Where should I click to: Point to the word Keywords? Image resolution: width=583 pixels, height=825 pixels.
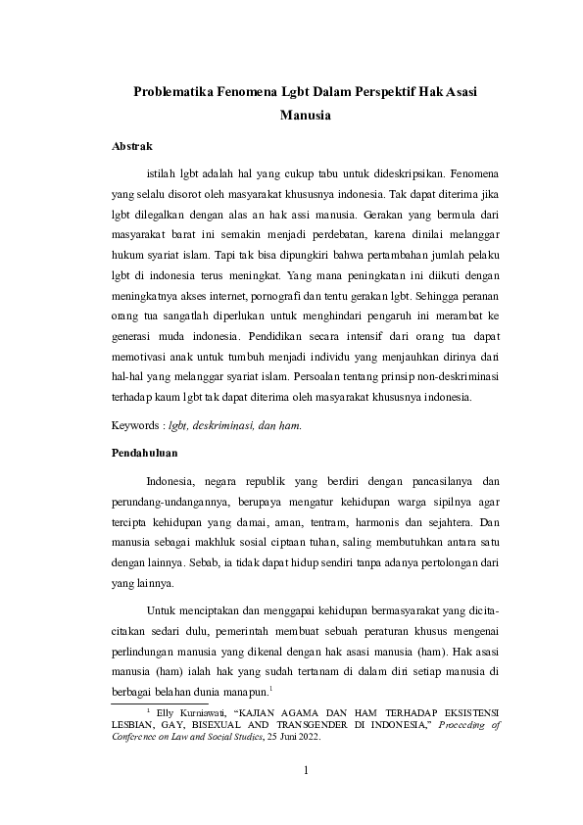(x=137, y=426)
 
